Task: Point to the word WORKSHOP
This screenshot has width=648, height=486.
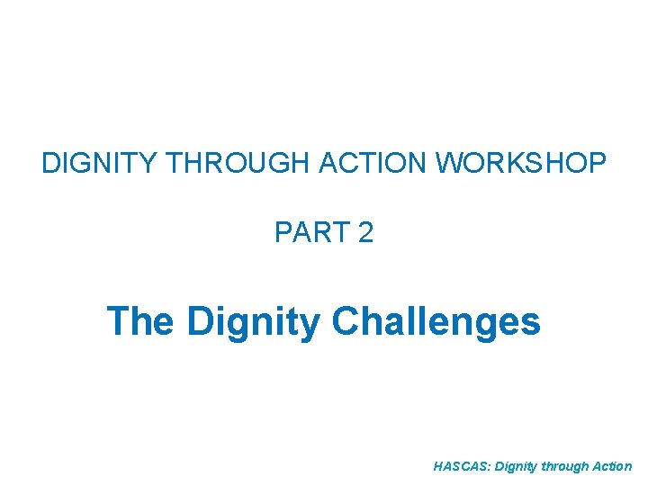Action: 521,164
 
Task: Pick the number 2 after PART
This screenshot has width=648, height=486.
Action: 364,233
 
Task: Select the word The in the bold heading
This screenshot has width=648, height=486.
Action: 139,321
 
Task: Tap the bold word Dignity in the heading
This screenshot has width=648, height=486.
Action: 253,322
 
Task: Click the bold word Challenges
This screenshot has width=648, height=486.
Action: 436,322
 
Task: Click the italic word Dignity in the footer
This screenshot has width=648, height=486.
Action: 514,467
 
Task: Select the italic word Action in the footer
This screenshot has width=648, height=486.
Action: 614,467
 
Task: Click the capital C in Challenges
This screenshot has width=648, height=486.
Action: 346,321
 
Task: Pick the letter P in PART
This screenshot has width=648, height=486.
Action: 283,233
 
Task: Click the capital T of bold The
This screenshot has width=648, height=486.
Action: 118,321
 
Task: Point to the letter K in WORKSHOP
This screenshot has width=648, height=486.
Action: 519,164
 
